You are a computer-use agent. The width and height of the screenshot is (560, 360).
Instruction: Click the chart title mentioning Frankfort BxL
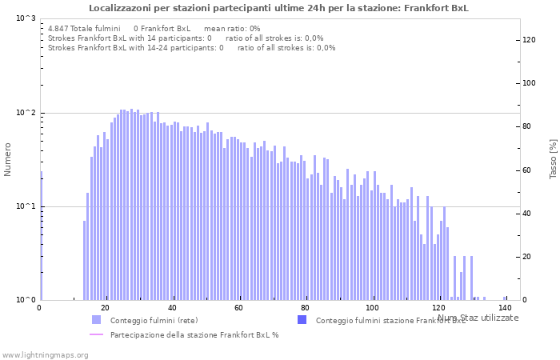278,8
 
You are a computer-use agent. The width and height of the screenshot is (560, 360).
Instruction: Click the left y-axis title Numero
8,159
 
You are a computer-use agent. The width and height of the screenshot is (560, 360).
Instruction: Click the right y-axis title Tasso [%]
553,159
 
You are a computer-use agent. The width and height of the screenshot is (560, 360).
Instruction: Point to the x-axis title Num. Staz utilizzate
478,318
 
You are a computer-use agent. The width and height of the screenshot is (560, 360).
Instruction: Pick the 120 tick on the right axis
529,40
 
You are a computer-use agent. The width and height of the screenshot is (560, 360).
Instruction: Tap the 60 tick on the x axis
238,308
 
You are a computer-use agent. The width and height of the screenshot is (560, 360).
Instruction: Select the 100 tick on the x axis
372,308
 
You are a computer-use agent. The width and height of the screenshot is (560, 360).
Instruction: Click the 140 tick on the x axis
505,308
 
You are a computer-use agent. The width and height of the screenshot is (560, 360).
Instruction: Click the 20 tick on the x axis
106,308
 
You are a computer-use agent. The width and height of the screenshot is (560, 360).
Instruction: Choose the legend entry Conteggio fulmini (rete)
154,321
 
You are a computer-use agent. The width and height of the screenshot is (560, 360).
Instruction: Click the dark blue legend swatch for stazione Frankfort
302,320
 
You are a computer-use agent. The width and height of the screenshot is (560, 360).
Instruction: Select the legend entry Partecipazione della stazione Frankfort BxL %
194,334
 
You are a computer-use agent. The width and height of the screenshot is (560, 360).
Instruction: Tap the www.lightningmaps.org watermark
44,354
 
